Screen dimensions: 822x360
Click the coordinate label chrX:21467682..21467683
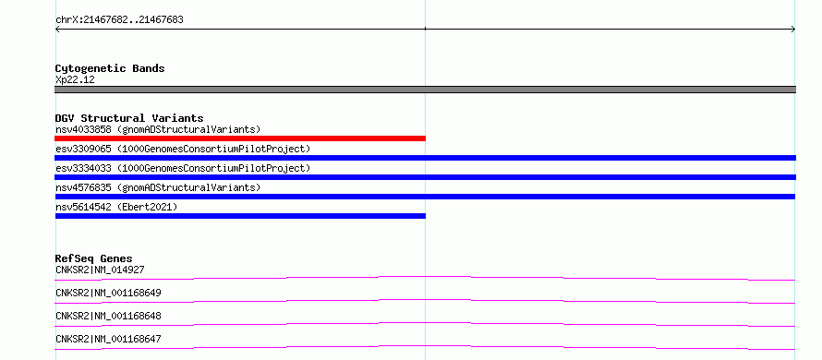(x=119, y=20)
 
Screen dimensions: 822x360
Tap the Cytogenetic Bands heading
(x=110, y=68)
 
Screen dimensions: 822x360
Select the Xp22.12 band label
(x=75, y=80)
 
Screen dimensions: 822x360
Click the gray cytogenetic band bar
(x=425, y=90)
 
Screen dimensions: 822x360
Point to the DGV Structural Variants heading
(x=129, y=118)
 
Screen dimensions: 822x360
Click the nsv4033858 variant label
(x=158, y=129)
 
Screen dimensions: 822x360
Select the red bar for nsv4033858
(x=240, y=138)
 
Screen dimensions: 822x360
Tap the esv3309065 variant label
(x=183, y=149)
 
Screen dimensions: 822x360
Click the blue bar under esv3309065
(x=425, y=158)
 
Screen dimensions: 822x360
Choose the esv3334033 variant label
(x=183, y=168)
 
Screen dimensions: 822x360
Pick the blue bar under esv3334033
(x=425, y=177)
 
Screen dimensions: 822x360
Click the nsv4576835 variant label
(x=158, y=187)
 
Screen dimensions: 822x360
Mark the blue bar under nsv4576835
(x=425, y=197)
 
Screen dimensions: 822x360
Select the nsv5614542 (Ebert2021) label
(x=116, y=207)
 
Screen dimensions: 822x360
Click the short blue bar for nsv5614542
(x=240, y=216)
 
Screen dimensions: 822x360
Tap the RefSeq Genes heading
(x=94, y=258)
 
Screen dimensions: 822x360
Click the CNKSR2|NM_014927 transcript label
(x=100, y=270)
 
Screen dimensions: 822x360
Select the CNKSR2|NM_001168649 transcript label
(x=108, y=293)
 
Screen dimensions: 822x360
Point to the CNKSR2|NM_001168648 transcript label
(x=108, y=316)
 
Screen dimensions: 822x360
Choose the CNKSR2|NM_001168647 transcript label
(x=108, y=339)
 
